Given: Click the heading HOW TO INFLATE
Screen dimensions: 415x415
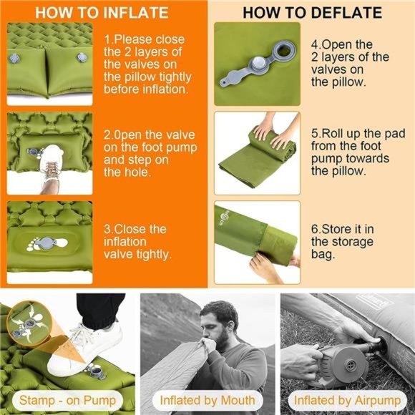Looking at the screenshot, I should pos(102,13).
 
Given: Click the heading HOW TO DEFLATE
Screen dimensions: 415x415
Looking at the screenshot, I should pos(312,13).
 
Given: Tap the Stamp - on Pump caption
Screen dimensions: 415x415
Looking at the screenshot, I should pos(67,400).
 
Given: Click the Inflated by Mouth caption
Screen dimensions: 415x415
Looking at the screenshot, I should pos(207,400).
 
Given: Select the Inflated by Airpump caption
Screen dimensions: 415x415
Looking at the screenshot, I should pos(346,400).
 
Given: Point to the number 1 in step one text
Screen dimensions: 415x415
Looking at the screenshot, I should pos(107,39).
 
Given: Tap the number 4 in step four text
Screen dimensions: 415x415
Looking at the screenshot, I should pos(315,44).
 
